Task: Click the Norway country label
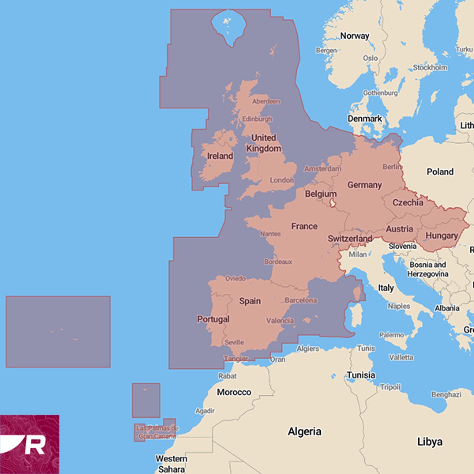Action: [x=355, y=36]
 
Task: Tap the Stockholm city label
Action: [x=430, y=68]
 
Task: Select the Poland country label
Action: [x=440, y=172]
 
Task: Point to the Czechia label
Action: [x=408, y=203]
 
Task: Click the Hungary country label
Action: [x=441, y=236]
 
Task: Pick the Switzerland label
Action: [x=350, y=239]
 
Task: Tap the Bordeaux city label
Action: [x=278, y=262]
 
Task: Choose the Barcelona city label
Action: [x=301, y=300]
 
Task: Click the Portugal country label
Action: [x=213, y=319]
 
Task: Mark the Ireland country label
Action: [x=220, y=156]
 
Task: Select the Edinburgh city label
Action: [x=257, y=119]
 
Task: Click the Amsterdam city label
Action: [x=323, y=169]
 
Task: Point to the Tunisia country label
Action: [x=361, y=375]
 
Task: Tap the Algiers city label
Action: [x=308, y=349]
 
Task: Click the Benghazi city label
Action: [x=447, y=394]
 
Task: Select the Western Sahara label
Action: [x=171, y=464]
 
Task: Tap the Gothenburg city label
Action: [x=380, y=93]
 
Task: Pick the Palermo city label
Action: [x=392, y=335]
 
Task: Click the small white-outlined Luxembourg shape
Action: [x=333, y=203]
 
